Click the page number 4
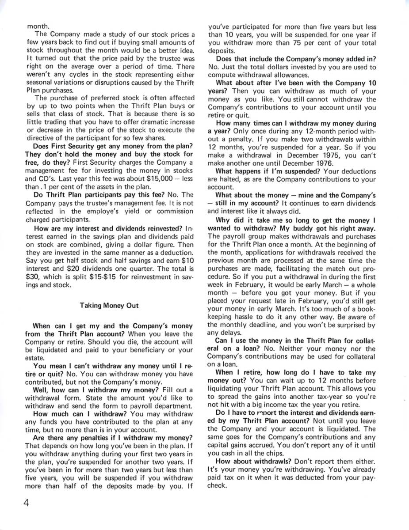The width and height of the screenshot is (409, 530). (27, 505)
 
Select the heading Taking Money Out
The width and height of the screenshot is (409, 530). (109, 305)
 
